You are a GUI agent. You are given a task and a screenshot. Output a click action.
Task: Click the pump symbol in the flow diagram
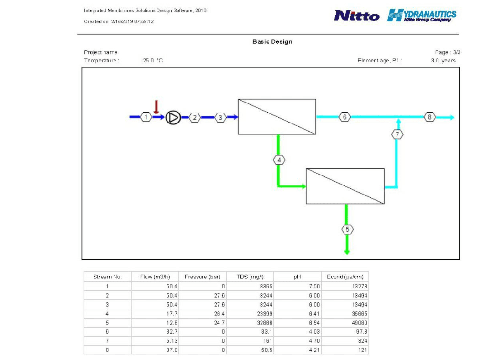coord(173,118)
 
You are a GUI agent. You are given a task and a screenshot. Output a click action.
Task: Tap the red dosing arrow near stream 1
coord(156,107)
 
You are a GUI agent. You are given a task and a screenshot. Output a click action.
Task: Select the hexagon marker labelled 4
coord(279,160)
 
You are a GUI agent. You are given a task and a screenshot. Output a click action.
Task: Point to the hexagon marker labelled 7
coord(397,134)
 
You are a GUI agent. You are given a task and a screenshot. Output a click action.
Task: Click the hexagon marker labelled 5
coord(347,229)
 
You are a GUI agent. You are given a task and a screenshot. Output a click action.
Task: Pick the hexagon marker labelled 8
coord(430,117)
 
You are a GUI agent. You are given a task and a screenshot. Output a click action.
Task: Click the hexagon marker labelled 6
coord(344,117)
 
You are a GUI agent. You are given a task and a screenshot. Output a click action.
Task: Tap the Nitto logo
coord(357,16)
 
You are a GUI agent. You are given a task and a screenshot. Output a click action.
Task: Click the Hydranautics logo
coord(422,15)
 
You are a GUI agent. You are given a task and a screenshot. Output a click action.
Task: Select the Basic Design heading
coord(272,41)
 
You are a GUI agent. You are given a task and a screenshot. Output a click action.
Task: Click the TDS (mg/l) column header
coord(250,277)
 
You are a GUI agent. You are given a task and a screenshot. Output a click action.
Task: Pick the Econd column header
coord(345,277)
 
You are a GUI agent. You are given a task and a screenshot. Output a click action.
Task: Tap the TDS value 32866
coord(264,323)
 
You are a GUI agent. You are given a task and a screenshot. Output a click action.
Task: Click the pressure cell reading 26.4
coord(219,314)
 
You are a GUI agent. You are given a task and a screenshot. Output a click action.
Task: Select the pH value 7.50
coord(314,286)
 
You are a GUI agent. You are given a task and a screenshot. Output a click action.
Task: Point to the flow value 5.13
coord(172,341)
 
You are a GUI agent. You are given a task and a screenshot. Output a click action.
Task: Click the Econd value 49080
coord(359,323)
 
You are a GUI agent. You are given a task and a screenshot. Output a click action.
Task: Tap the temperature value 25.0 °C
coord(153,61)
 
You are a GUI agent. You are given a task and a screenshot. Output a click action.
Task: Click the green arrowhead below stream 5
coord(347,252)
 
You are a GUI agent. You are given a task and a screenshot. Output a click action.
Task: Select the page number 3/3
coord(457,52)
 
